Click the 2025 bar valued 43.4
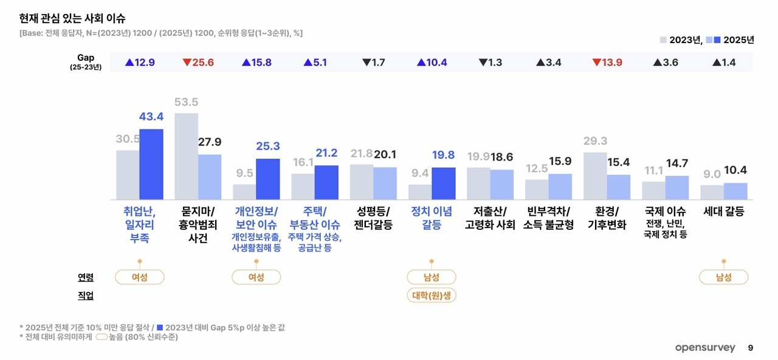tap(151, 164)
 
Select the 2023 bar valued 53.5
tap(186, 156)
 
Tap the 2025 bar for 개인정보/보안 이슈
tap(267, 179)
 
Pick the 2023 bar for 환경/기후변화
tap(594, 176)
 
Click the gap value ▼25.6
tap(198, 62)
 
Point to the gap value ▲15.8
tap(256, 62)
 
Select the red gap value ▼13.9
tap(607, 62)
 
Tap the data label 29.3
tap(594, 141)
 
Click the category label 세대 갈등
tap(723, 212)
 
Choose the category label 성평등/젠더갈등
tap(373, 218)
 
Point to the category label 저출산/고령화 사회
tap(490, 218)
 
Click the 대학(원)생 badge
tap(432, 296)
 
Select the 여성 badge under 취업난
tap(140, 277)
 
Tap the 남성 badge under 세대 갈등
tap(723, 277)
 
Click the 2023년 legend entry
tap(681, 40)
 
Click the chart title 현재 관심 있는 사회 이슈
tap(73, 18)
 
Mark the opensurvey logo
tap(704, 348)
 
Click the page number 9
tap(751, 348)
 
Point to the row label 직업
tap(86, 296)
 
